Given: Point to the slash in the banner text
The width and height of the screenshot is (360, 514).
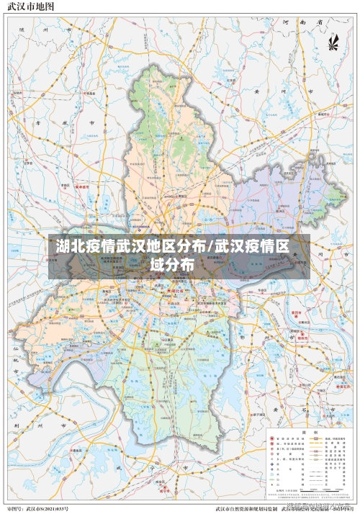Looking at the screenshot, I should tap(211, 248).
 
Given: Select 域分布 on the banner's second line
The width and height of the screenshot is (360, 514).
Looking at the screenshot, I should tap(173, 265).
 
